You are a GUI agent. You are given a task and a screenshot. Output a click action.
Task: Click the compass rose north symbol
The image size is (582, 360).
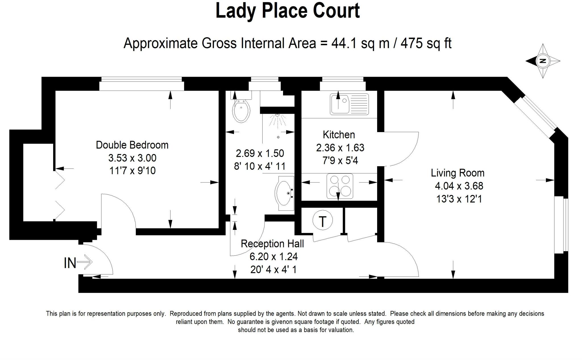coord(543,61)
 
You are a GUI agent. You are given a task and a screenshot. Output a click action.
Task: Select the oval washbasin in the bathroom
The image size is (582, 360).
coord(284,193)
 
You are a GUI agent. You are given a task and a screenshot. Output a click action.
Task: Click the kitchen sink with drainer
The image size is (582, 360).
coord(349,104)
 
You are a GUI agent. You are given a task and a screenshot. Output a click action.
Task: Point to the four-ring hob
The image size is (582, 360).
coord(340,186)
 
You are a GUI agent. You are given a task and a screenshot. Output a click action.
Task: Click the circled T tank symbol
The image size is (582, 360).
coord(323,221)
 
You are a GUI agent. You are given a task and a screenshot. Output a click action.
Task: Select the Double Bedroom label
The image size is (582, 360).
coord(132,145)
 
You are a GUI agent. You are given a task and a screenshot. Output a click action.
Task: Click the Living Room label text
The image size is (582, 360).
coord(458,173)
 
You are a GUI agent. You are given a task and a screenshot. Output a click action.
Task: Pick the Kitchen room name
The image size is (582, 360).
coord(339,134)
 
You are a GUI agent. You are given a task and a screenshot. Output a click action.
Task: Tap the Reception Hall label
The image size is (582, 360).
coord(272,244)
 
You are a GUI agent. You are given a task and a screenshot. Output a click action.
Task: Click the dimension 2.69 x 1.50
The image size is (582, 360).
coord(260,153)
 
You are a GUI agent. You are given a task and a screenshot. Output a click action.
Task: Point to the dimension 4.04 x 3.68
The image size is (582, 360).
coord(459,186)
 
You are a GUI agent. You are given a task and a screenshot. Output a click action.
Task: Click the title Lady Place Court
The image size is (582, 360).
coord(288,11)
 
